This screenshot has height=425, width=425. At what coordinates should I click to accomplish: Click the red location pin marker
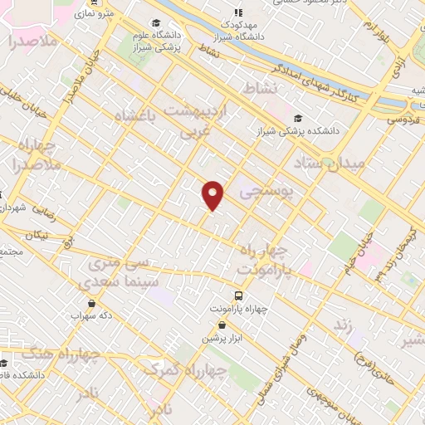point(213,194)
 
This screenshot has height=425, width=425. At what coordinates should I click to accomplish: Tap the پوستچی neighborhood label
point(266,193)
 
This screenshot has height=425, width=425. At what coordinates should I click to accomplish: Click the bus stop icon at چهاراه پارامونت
point(239,295)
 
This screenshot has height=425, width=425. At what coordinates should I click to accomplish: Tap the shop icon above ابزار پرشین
point(222,325)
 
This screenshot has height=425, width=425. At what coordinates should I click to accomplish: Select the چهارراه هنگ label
point(67,354)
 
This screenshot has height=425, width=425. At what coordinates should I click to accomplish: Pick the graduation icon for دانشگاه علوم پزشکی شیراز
point(157,24)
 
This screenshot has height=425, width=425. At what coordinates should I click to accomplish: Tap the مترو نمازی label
point(93,14)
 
